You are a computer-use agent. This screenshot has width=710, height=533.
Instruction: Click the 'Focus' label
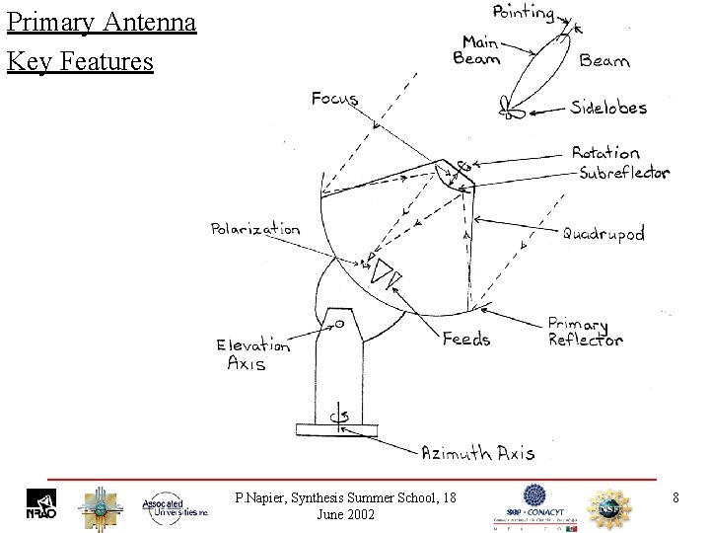tap(334, 99)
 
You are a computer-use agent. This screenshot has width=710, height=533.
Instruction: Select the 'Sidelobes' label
tap(609, 107)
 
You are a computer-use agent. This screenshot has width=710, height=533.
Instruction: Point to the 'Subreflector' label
tap(623, 173)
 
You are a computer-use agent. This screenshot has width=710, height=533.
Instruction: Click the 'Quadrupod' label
tap(603, 234)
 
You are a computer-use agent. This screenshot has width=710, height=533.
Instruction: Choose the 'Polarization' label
tap(254, 229)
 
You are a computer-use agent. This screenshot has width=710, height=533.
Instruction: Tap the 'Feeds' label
tap(465, 339)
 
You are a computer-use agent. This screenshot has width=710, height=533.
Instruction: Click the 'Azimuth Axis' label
tap(477, 453)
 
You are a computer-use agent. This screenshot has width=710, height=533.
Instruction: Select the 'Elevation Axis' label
tap(253, 354)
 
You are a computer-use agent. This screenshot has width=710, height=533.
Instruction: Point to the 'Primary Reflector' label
tap(585, 332)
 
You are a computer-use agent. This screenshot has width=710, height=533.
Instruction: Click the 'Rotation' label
tap(605, 153)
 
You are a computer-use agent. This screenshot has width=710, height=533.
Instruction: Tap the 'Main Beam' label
tap(476, 49)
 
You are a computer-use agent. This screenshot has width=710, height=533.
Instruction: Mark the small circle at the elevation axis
tap(338, 323)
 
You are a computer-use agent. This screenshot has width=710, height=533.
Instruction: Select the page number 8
tap(675, 497)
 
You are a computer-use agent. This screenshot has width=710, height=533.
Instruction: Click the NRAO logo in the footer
tap(40, 504)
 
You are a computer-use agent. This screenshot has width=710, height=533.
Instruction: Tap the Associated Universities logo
tap(175, 505)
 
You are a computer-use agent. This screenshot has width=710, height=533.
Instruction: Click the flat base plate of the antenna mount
tap(336, 429)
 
